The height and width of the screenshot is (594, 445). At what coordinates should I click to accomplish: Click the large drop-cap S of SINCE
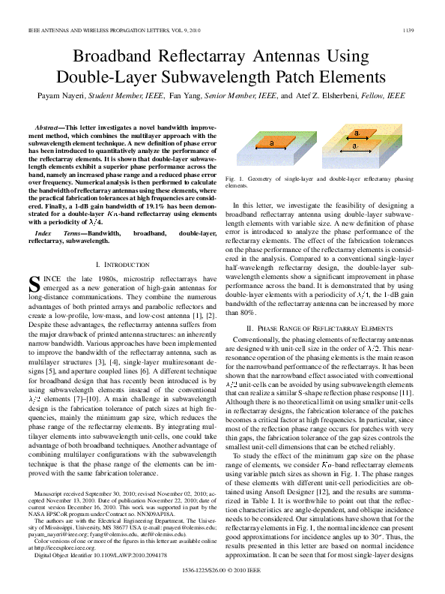click(33, 283)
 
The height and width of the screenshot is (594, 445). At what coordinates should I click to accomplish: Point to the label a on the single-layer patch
click(270, 142)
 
